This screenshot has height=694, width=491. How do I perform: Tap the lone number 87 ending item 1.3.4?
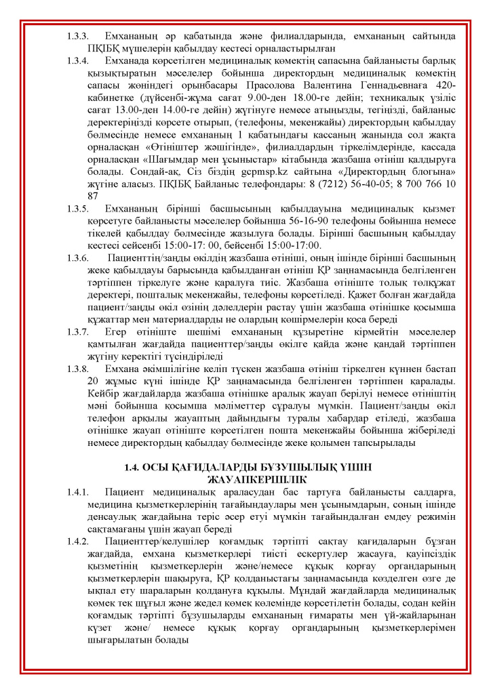(94, 197)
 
